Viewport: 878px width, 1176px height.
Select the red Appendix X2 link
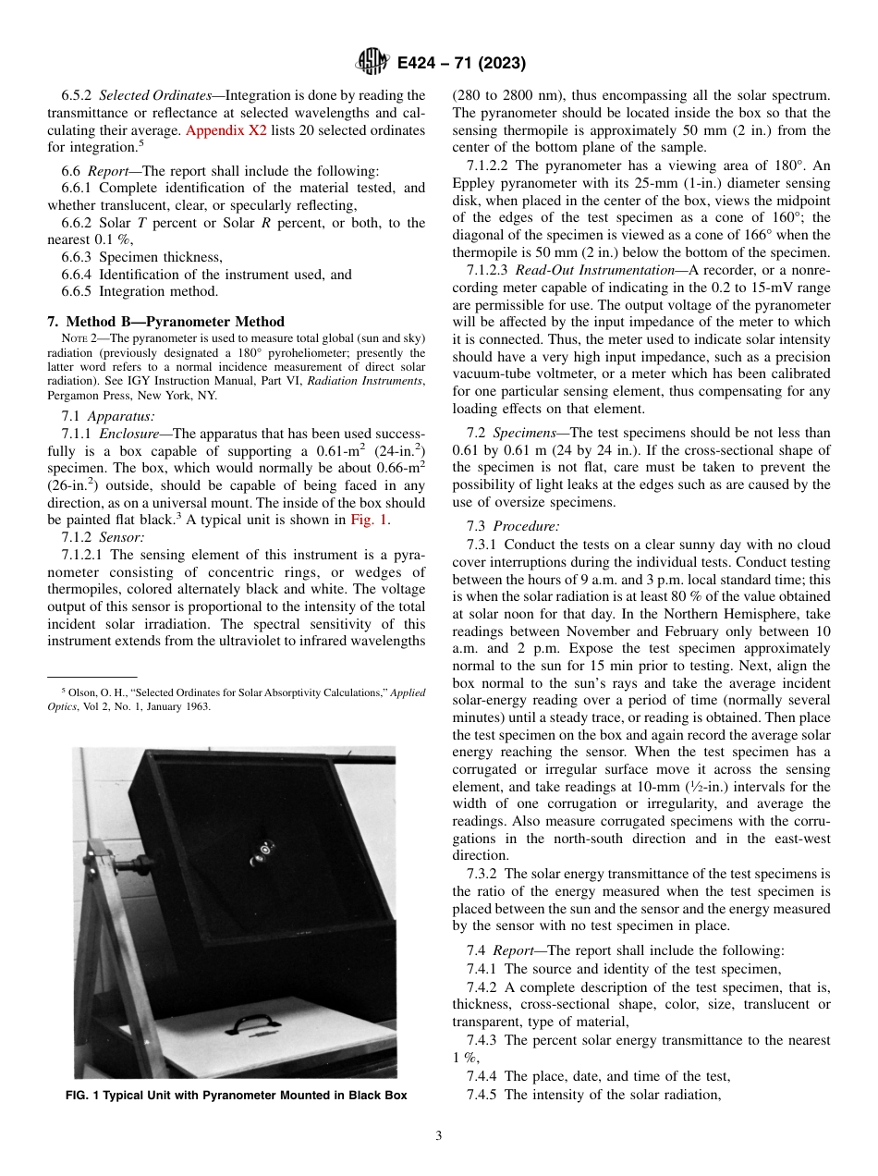pyautogui.click(x=226, y=130)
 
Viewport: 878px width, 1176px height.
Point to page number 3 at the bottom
pyautogui.click(x=438, y=1136)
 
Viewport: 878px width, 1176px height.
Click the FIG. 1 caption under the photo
pyautogui.click(x=236, y=1096)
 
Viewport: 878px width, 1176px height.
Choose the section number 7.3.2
pyautogui.click(x=483, y=874)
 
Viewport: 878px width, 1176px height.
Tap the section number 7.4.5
pyautogui.click(x=483, y=1095)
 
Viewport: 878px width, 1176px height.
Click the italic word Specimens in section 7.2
pyautogui.click(x=523, y=433)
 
